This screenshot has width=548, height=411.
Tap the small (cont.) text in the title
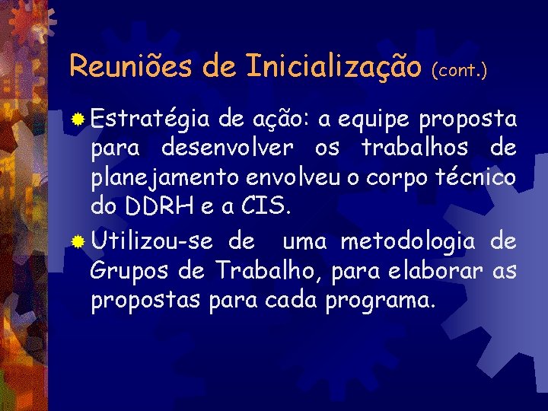(x=459, y=70)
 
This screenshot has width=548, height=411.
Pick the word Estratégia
(x=149, y=119)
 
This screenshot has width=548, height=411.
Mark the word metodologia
(x=408, y=243)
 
